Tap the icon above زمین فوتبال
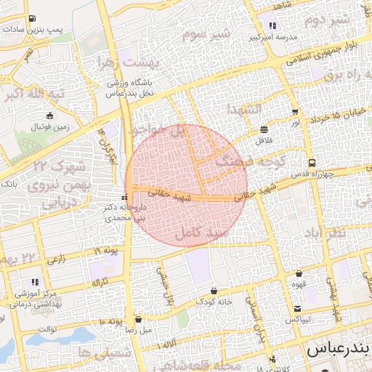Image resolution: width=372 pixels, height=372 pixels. click(49, 116)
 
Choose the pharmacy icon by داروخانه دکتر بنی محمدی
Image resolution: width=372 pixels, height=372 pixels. click(124, 198)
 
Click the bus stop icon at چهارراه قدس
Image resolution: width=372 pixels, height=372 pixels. click(311, 163)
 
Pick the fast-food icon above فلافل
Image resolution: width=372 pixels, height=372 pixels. click(262, 130)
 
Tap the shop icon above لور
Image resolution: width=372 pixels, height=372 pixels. click(295, 112)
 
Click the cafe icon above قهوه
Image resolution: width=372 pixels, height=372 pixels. click(299, 274)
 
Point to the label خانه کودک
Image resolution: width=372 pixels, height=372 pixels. click(215, 301)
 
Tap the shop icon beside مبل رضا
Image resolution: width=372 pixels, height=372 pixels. click(139, 319)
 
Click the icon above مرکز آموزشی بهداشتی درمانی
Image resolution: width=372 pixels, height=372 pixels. click(34, 282)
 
